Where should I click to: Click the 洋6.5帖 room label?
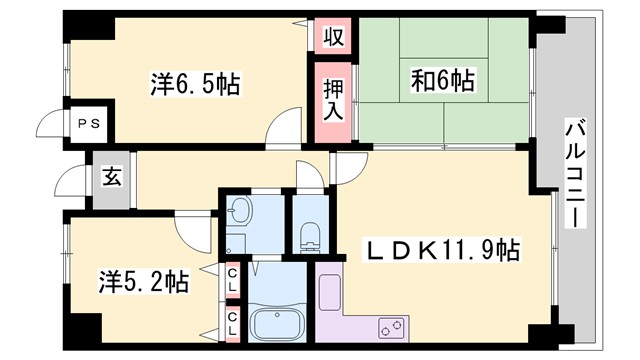196,83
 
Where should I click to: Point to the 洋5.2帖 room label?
142,281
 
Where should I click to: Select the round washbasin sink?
240,210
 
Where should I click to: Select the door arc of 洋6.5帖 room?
285,129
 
